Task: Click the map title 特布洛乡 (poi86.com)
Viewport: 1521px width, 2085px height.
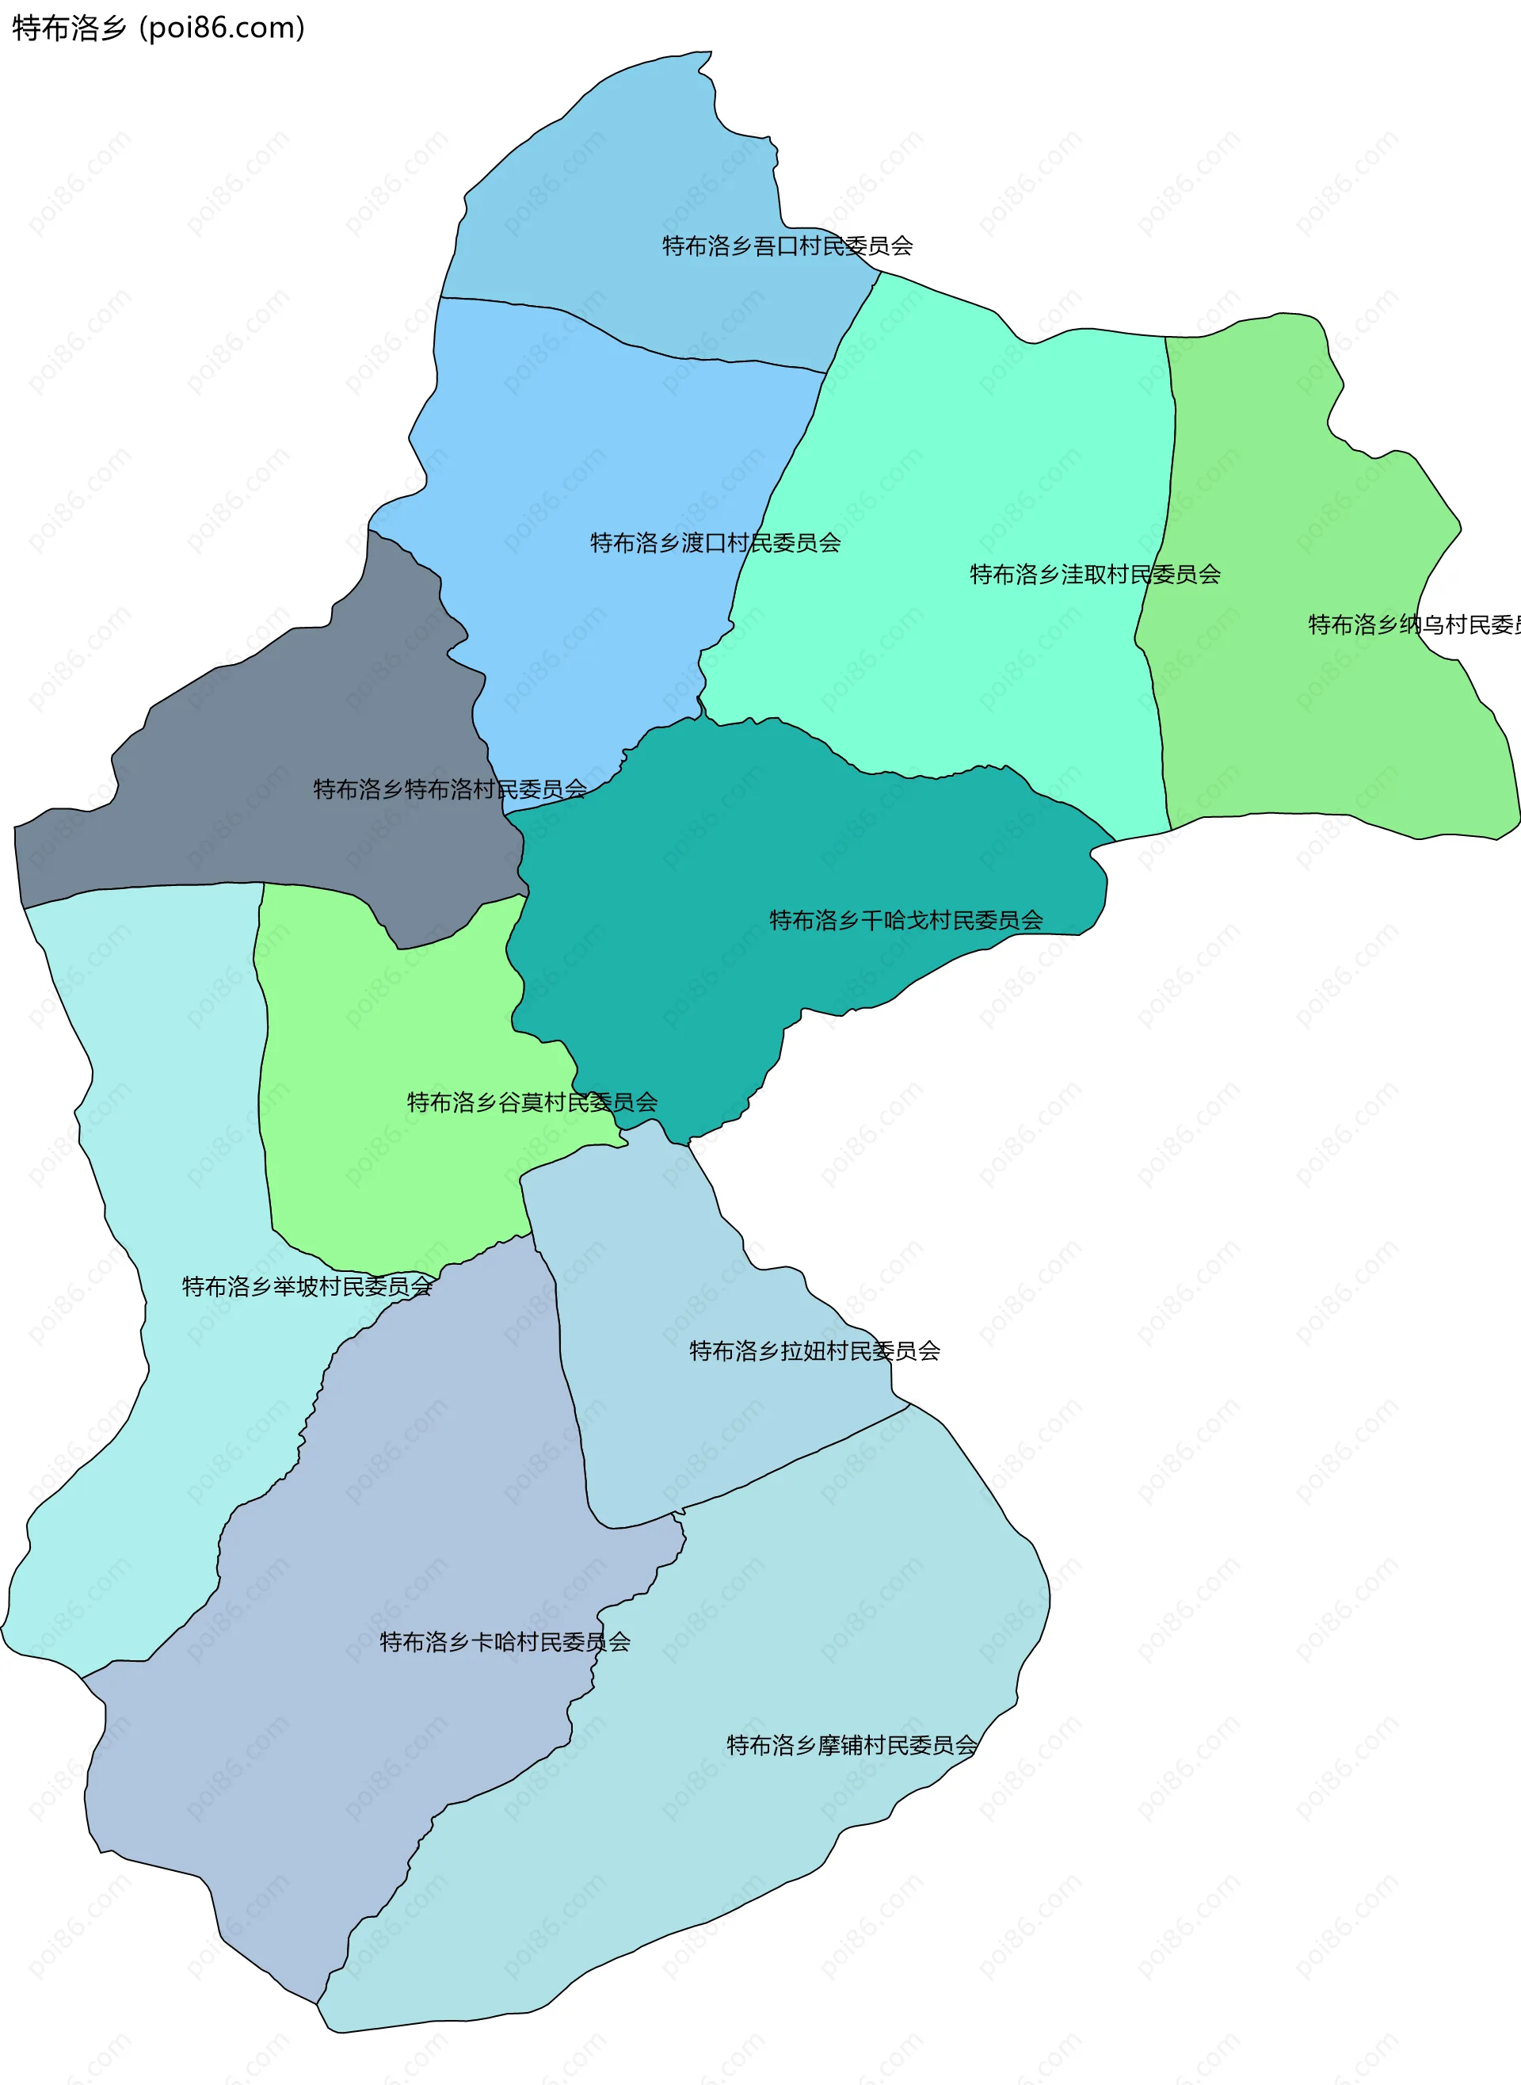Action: pyautogui.click(x=158, y=29)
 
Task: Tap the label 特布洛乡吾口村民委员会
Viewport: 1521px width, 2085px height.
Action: pyautogui.click(x=787, y=246)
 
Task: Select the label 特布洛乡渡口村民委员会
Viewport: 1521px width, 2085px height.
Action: pyautogui.click(x=715, y=544)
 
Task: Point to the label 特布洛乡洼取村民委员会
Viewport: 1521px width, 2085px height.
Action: pyautogui.click(x=1095, y=575)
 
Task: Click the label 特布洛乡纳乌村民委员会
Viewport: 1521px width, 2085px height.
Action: pyautogui.click(x=1413, y=625)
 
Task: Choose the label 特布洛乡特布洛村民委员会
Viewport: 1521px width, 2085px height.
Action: pyautogui.click(x=450, y=789)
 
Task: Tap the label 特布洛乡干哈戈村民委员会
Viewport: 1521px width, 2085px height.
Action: pyautogui.click(x=906, y=920)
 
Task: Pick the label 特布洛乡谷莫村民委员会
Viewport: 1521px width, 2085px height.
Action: pyautogui.click(x=532, y=1102)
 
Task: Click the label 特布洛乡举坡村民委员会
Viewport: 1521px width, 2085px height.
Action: pyautogui.click(x=307, y=1286)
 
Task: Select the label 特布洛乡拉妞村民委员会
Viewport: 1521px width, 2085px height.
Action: pyautogui.click(x=815, y=1351)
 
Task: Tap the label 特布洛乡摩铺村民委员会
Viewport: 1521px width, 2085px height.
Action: pyautogui.click(x=852, y=1745)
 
